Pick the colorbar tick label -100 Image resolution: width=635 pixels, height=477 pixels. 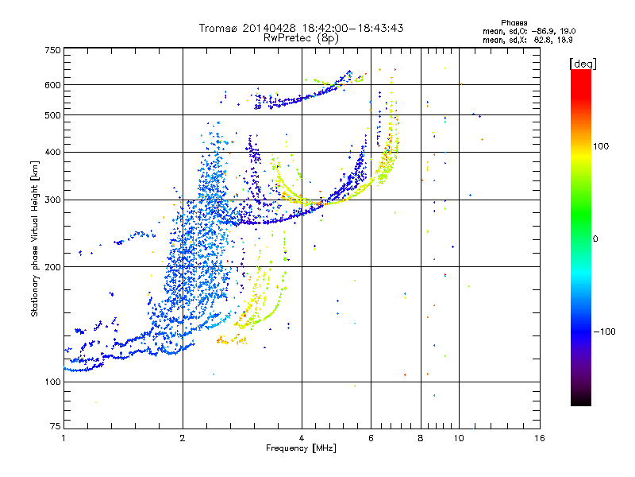607,332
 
